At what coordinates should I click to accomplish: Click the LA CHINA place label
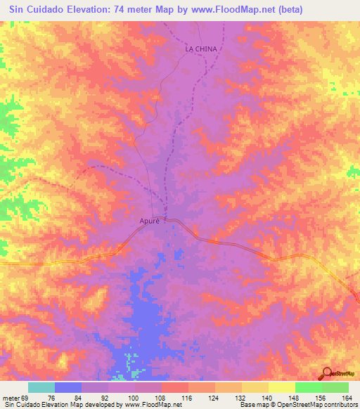(202, 49)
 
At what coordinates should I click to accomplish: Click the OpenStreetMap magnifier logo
(326, 374)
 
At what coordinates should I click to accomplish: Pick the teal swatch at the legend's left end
(41, 387)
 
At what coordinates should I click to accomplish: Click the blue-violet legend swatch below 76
(68, 387)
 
